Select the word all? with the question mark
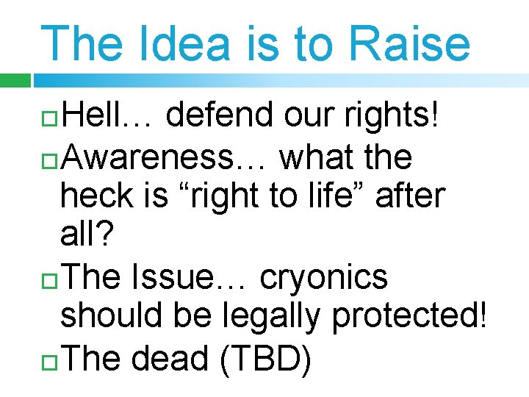tap(87, 236)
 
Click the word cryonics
tap(324, 276)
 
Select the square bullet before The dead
tap(49, 360)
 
